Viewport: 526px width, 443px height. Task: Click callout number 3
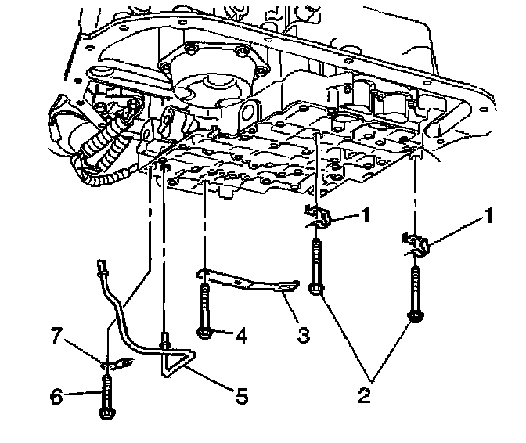click(303, 336)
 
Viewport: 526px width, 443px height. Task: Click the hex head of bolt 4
click(204, 334)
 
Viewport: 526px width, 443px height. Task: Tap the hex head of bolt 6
click(106, 410)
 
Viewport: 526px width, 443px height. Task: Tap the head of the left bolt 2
click(315, 291)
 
